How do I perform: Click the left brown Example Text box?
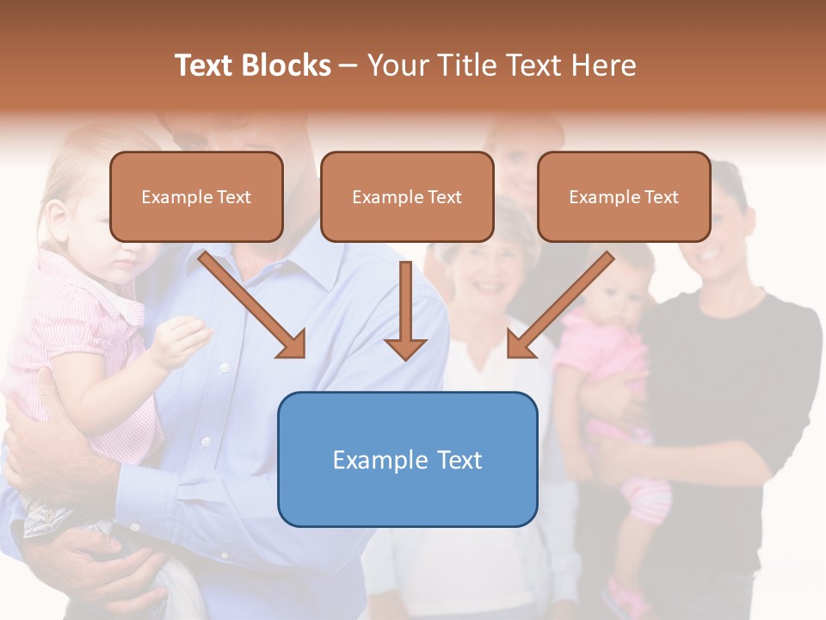coord(196,196)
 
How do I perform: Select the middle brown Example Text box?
coord(407,196)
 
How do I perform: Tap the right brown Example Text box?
coord(624,196)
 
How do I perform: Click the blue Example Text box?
coord(407,459)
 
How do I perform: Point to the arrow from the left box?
coord(252,304)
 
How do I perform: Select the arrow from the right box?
coord(560,304)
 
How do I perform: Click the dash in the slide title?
coord(348,65)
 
